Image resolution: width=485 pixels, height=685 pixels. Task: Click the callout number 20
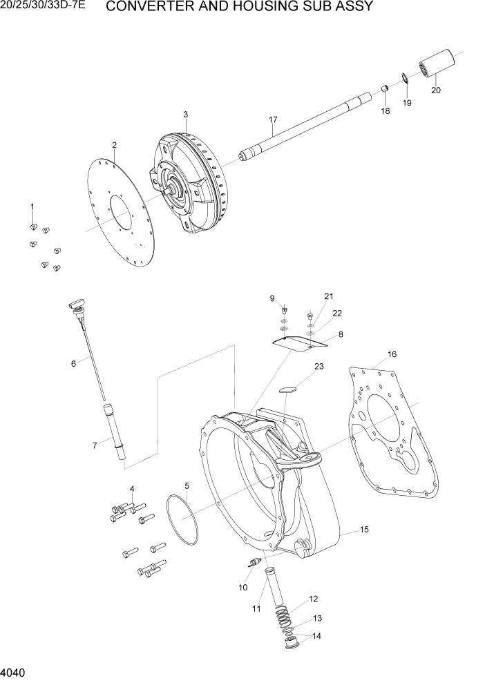click(435, 90)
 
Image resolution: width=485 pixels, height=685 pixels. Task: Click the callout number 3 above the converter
click(185, 114)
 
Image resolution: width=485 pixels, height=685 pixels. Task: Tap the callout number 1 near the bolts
click(32, 206)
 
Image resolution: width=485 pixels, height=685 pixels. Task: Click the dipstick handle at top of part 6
click(75, 306)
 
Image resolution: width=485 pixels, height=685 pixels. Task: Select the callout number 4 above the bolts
click(131, 490)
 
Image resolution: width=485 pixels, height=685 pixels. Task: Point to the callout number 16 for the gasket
click(392, 354)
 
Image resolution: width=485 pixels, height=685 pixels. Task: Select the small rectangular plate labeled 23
click(287, 389)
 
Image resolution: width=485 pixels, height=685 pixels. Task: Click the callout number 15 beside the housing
click(364, 530)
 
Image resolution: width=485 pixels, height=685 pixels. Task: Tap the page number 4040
click(15, 671)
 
